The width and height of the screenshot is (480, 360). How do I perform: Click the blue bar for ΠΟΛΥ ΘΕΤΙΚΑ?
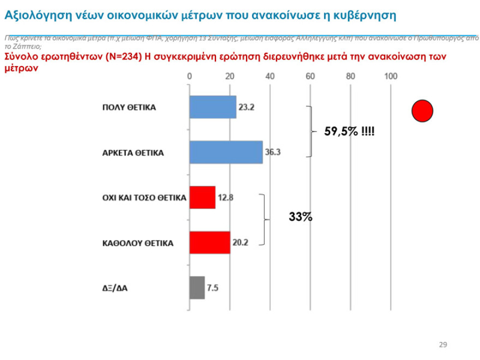(x=213, y=107)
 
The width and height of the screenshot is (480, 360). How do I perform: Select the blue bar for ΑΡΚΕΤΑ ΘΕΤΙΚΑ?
(x=226, y=152)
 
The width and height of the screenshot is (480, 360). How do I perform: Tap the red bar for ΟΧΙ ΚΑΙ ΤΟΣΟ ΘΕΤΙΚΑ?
(x=202, y=197)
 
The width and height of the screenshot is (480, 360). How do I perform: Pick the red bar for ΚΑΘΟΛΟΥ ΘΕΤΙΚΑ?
(x=209, y=242)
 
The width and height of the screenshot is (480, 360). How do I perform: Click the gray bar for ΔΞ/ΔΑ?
(x=197, y=287)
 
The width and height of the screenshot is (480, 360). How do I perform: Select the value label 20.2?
(x=240, y=242)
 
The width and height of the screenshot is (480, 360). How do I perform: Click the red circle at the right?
(x=422, y=111)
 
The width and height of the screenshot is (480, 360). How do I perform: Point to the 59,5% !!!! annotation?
(x=350, y=132)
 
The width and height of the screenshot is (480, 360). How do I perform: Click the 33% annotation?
(x=300, y=217)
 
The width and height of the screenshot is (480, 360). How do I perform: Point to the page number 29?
(x=443, y=344)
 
